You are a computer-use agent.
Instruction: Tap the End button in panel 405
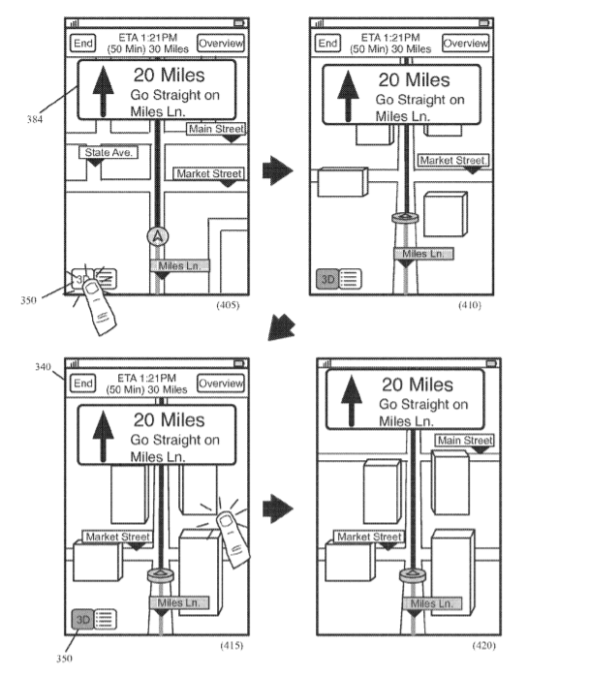click(x=83, y=43)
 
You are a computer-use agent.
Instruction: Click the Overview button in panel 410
click(x=466, y=43)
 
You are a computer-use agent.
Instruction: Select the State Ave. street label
click(x=109, y=153)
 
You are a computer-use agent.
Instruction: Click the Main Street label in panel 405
click(x=216, y=129)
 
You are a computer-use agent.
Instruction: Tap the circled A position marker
click(x=155, y=235)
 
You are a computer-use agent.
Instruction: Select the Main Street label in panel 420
click(x=464, y=442)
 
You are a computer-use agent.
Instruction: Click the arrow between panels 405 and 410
click(x=279, y=172)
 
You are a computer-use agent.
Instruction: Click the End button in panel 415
click(x=83, y=384)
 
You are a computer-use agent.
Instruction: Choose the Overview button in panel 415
click(x=220, y=384)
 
